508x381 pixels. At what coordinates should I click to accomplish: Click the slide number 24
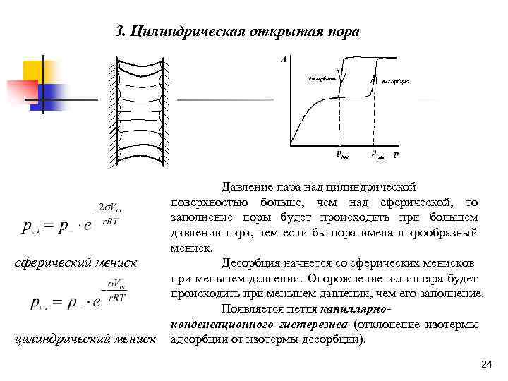click(x=485, y=364)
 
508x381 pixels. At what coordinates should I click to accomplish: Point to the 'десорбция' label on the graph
click(x=321, y=77)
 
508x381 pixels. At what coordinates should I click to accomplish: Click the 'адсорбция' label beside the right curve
click(x=395, y=82)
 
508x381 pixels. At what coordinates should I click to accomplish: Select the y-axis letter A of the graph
click(x=283, y=59)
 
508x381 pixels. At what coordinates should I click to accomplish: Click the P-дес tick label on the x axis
click(x=341, y=155)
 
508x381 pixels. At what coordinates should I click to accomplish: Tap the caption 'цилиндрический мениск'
click(x=85, y=340)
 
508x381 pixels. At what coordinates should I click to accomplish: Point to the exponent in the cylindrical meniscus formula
click(x=115, y=292)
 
